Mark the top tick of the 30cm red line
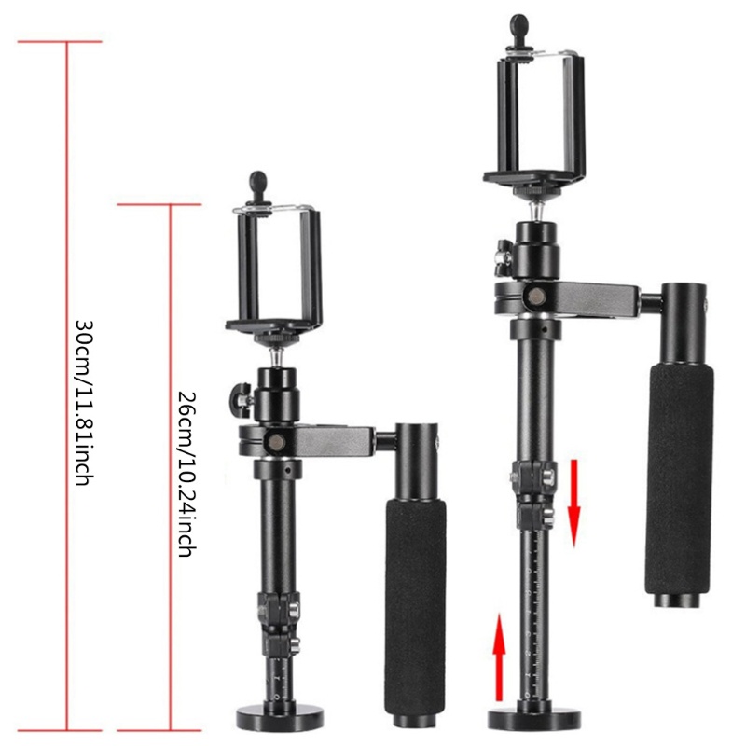(66, 42)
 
